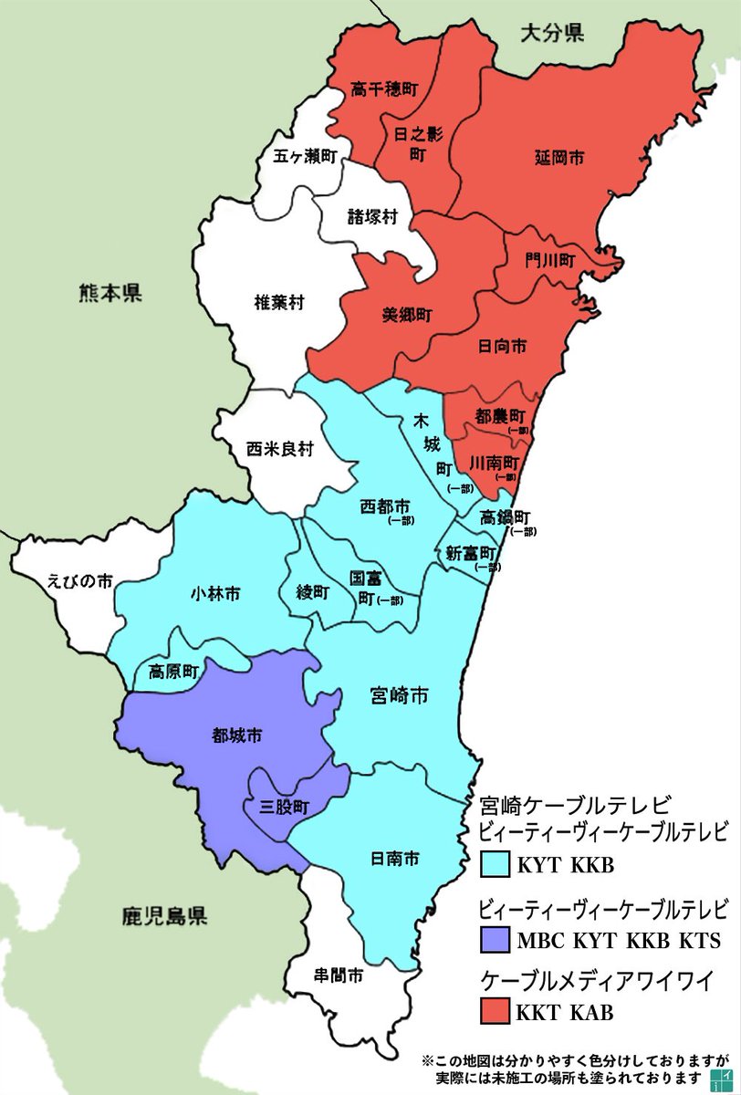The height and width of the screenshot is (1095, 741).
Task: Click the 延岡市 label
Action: (x=559, y=158)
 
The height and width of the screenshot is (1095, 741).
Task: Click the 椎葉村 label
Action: (x=278, y=303)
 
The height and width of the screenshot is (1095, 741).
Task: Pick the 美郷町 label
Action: (x=407, y=314)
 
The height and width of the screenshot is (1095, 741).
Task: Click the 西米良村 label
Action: (x=280, y=449)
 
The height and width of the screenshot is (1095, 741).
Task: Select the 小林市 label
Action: (x=215, y=593)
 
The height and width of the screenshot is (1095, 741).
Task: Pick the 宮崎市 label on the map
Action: (x=400, y=696)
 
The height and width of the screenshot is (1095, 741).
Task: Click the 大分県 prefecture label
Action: (x=552, y=35)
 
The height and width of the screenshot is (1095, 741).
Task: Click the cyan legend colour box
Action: (x=495, y=863)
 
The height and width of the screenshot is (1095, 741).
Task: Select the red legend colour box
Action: (x=495, y=1011)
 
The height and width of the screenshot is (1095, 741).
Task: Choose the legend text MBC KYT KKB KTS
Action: (x=619, y=940)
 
